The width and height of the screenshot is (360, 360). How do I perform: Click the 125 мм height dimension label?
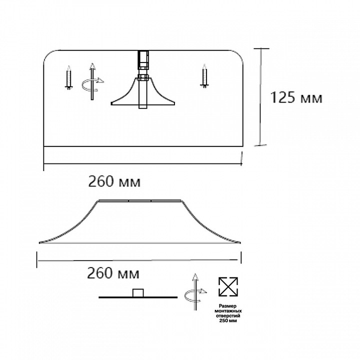[x=296, y=97]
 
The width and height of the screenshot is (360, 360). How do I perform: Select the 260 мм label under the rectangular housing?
[x=114, y=182]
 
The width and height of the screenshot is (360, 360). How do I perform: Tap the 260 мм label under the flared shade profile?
[x=113, y=273]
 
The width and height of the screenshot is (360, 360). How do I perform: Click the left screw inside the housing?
[x=68, y=77]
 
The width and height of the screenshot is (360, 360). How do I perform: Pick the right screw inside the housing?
[x=204, y=76]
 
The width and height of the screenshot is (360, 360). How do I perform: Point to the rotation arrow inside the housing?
[x=92, y=81]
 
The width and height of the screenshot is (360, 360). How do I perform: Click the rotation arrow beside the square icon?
[x=195, y=292]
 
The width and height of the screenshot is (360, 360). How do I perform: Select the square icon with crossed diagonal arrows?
[x=228, y=286]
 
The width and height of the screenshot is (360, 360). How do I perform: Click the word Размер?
[x=228, y=306]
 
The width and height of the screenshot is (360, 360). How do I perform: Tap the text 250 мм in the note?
[x=228, y=320]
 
